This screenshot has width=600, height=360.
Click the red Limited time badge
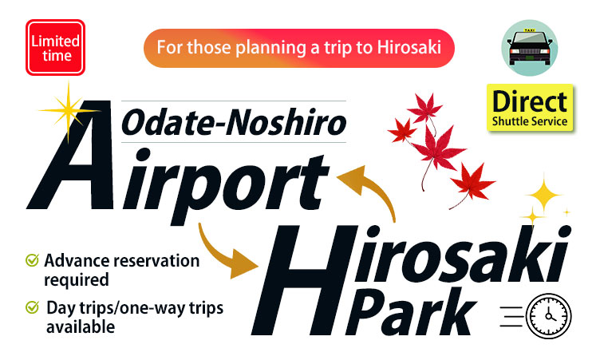pyautogui.click(x=56, y=47)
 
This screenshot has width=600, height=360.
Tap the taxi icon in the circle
pyautogui.click(x=530, y=48)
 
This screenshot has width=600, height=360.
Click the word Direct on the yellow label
pyautogui.click(x=530, y=102)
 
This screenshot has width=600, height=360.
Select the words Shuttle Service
pyautogui.click(x=530, y=121)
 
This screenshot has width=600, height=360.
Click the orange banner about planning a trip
pyautogui.click(x=299, y=48)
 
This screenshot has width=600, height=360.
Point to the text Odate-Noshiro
pyautogui.click(x=234, y=122)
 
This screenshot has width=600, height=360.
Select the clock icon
pyautogui.click(x=548, y=316)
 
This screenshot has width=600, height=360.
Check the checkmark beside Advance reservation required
pyautogui.click(x=32, y=259)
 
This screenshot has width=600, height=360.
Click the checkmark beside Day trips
pyautogui.click(x=32, y=307)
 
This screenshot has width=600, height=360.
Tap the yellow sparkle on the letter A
pyautogui.click(x=69, y=111)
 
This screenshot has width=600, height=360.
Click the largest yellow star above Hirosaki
pyautogui.click(x=544, y=196)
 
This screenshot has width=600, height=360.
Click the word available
pyautogui.click(x=81, y=327)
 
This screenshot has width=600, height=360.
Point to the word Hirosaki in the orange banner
pyautogui.click(x=409, y=47)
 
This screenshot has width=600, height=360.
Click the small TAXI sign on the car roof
pyautogui.click(x=530, y=30)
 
